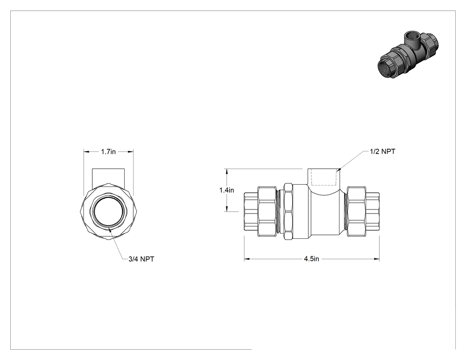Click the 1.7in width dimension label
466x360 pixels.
pos(108,152)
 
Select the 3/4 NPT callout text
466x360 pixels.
pos(141,259)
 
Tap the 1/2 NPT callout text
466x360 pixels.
pos(383,151)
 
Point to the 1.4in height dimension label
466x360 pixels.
pos(226,190)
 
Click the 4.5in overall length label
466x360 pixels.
pos(311,259)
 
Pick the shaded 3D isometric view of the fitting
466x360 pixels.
pos(408,55)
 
